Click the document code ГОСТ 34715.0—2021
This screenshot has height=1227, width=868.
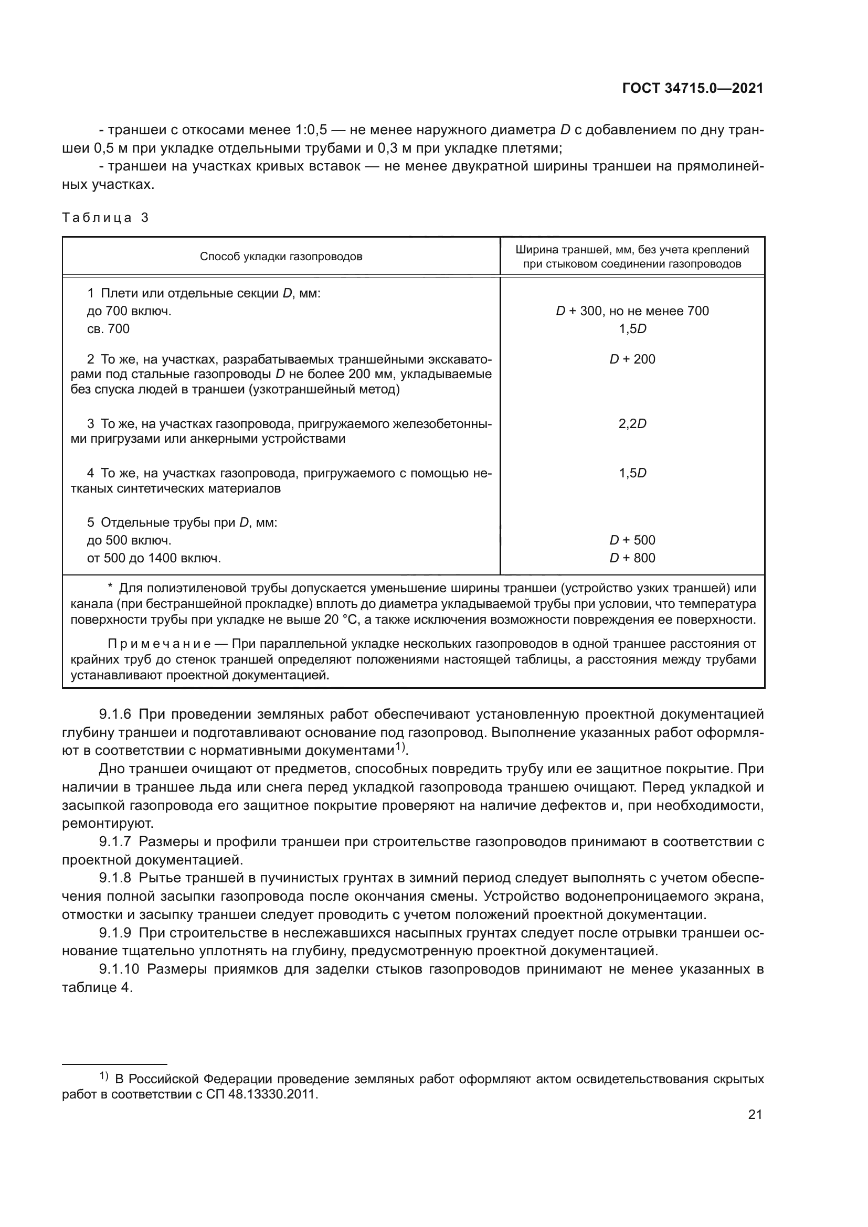click(x=693, y=88)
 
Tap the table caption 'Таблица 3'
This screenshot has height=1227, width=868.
click(x=105, y=218)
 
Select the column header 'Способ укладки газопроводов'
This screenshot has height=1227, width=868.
click(x=281, y=257)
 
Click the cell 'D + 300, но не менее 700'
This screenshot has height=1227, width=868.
click(x=632, y=311)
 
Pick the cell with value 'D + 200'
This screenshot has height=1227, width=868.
click(x=632, y=359)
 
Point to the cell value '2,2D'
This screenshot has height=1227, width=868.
click(x=632, y=424)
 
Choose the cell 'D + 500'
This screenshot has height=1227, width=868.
click(x=632, y=540)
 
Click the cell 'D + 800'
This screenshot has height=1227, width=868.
click(x=632, y=558)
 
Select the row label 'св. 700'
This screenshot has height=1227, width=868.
click(x=108, y=329)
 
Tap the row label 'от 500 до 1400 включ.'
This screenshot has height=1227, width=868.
click(x=154, y=559)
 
